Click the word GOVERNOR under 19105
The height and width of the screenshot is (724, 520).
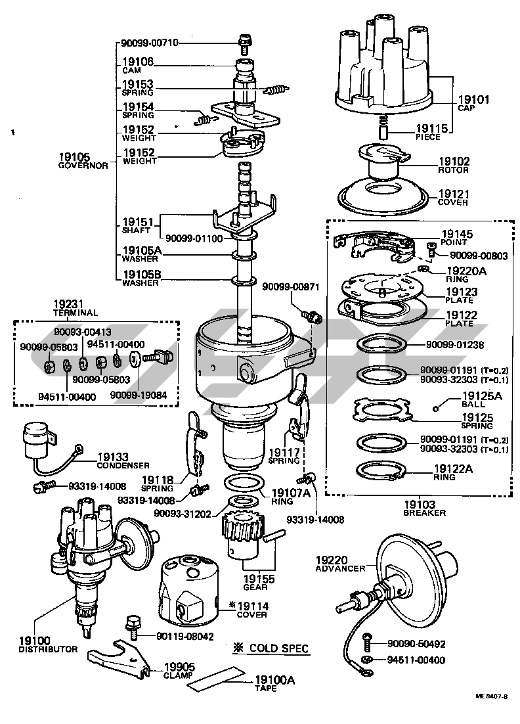[83, 166]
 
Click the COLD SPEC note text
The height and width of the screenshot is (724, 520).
[271, 648]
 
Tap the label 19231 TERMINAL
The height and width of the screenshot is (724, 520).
[74, 309]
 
